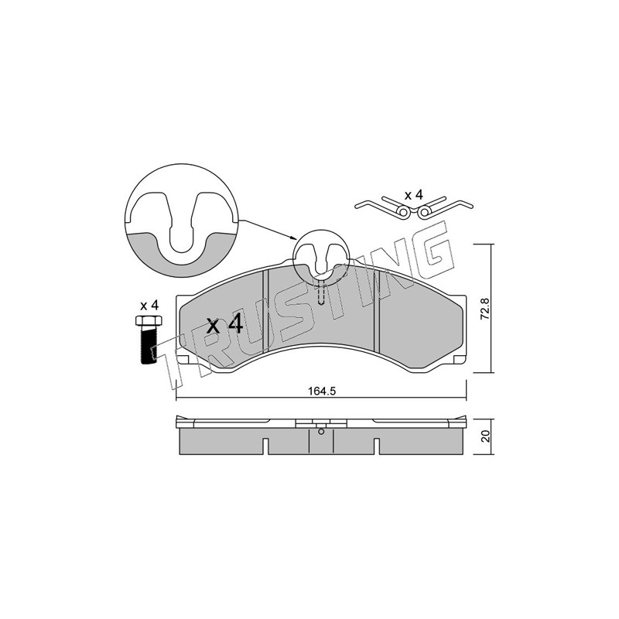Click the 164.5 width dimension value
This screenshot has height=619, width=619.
point(321,392)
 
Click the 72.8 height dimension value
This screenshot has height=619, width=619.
point(485,309)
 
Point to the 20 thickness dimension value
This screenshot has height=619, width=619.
point(485,436)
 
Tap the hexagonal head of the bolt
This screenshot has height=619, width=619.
point(148,320)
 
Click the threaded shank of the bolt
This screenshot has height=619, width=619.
point(149,344)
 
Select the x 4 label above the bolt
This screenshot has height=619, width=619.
point(149,305)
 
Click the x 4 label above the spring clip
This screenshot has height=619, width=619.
point(414,195)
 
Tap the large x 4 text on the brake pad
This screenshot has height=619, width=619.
point(225,325)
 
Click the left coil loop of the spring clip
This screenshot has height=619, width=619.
point(403,212)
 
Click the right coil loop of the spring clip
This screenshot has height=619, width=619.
point(424,212)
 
